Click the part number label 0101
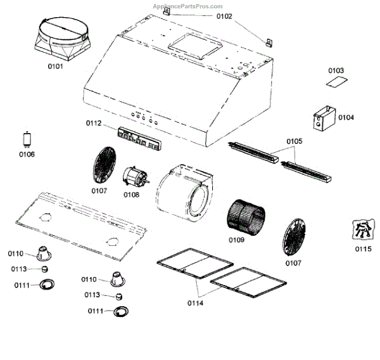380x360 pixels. click(x=55, y=66)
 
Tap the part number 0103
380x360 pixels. click(x=336, y=70)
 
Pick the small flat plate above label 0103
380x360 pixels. click(x=336, y=82)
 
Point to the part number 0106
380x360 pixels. click(x=27, y=155)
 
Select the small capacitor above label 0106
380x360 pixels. click(x=27, y=139)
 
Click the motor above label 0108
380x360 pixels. click(x=134, y=177)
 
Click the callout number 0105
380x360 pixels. click(x=294, y=141)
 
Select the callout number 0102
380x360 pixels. click(x=224, y=16)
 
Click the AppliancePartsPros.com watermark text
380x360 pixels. click(x=189, y=6)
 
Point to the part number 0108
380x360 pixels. click(x=131, y=195)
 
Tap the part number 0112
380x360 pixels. click(x=93, y=123)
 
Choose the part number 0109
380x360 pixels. click(x=237, y=240)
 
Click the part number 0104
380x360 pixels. click(x=346, y=118)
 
